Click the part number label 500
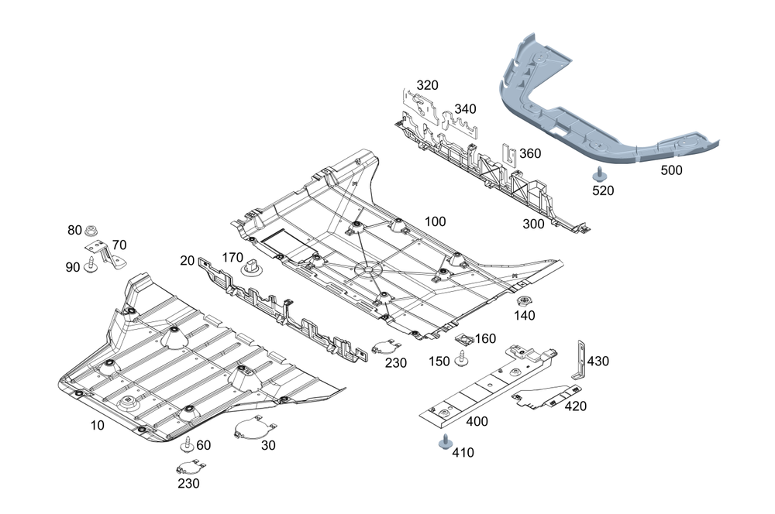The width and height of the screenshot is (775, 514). pos(671,170)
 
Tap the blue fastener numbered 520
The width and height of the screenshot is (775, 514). pos(600,174)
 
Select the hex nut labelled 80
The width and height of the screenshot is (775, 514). pos(91,231)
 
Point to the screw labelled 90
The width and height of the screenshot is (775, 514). pos(91,265)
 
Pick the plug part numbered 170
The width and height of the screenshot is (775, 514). pos(252,267)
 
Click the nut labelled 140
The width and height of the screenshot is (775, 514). pos(523,301)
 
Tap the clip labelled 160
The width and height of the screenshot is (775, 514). pos(464,339)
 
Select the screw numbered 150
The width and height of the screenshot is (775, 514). pos(461,359)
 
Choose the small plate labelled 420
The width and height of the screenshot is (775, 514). pos(542,397)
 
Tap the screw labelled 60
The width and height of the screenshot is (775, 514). pos(188,444)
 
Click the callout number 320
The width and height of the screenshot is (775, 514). pos(427,85)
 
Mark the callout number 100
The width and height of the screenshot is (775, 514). pos(435,221)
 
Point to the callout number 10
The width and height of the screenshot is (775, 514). pos(98,425)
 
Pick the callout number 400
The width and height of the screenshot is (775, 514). pos(477,421)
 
